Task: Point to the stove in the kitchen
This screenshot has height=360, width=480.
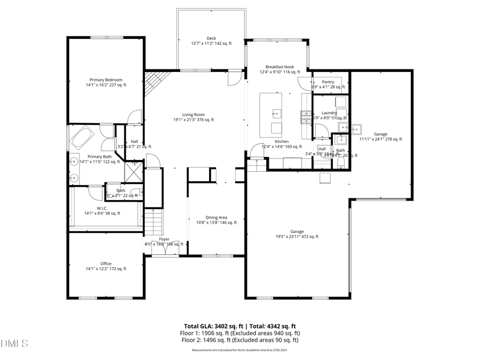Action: tap(306, 117)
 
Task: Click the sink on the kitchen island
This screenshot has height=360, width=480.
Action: tap(276, 113)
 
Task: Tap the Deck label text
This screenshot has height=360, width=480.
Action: tap(211, 38)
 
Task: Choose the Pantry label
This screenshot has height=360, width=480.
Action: tap(328, 82)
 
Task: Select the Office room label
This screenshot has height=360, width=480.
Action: tap(106, 263)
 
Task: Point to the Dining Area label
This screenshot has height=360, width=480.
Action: tap(216, 218)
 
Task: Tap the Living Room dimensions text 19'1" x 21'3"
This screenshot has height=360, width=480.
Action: tap(194, 120)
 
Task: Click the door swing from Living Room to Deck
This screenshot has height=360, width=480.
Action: tap(234, 79)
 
